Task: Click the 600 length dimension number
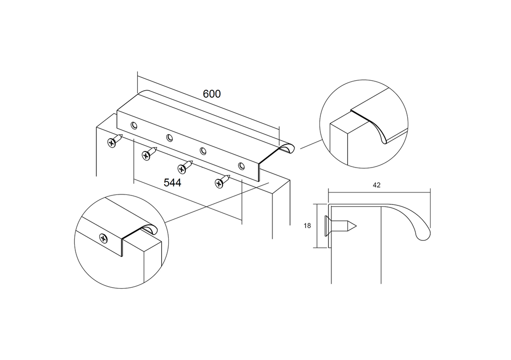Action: click(212, 93)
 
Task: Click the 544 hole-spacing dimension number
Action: click(172, 182)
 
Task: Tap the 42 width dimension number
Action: click(377, 185)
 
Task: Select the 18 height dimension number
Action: click(307, 225)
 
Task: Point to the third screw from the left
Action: click(185, 166)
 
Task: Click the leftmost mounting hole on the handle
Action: click(133, 125)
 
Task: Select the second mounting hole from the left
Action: click(170, 138)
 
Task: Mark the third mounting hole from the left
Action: click(203, 151)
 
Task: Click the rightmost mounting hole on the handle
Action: click(242, 166)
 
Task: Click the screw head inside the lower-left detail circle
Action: click(103, 238)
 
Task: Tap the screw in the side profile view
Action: click(340, 226)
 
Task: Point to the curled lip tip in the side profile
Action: click(423, 235)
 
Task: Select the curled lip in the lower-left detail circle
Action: click(149, 230)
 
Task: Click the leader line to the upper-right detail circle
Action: click(310, 145)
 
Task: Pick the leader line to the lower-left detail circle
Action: click(215, 202)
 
